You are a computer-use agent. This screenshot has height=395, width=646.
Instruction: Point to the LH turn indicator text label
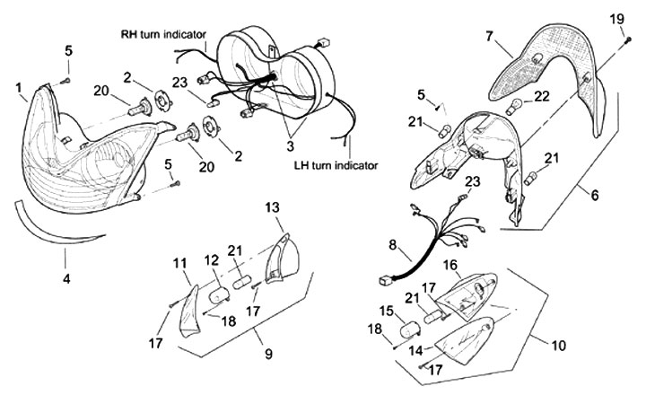click(336, 165)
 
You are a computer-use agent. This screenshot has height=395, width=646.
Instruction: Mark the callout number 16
click(450, 265)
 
